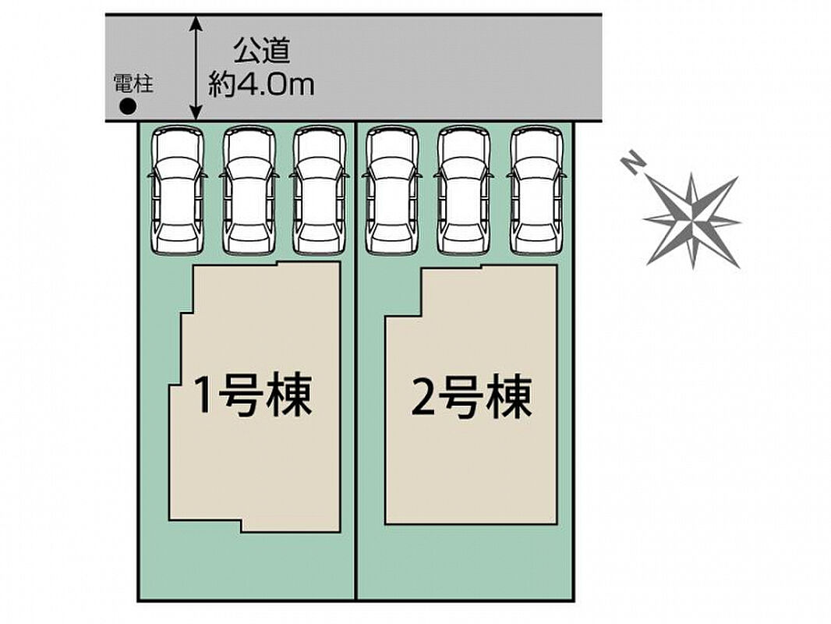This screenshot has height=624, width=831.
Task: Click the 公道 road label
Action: click(x=261, y=52)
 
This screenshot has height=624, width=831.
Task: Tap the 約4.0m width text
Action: click(x=261, y=84)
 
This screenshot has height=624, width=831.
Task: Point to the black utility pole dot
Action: click(x=125, y=107)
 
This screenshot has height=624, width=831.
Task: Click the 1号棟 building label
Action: click(x=253, y=395)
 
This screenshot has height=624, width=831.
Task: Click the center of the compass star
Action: click(x=691, y=219)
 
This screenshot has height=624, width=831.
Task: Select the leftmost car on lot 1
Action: click(x=178, y=191)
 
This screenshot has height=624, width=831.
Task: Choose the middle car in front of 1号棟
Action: click(x=249, y=191)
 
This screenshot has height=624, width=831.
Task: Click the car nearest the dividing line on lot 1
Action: click(x=320, y=191)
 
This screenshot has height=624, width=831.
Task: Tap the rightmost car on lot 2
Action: click(x=538, y=191)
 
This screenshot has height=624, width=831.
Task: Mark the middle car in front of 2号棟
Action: click(x=465, y=191)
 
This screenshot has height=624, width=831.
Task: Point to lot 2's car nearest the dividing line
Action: click(x=392, y=191)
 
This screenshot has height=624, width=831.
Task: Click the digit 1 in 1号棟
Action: click(x=203, y=396)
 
